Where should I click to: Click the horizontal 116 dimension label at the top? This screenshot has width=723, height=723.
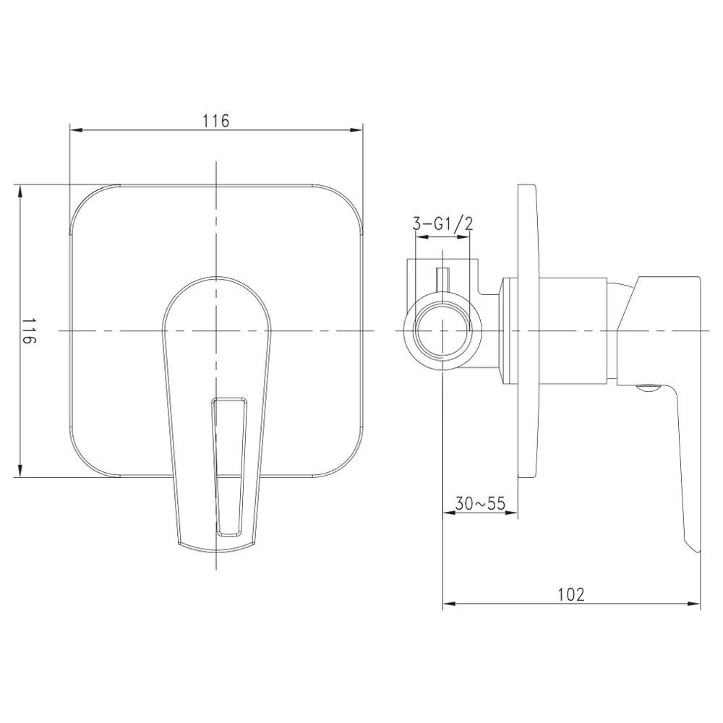215,121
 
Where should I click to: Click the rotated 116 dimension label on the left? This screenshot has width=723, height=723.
29,330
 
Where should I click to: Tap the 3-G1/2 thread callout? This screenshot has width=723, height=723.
442,223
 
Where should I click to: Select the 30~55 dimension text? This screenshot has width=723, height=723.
480,503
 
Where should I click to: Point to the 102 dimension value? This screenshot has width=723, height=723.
571,594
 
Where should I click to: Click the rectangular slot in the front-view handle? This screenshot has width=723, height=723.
229,466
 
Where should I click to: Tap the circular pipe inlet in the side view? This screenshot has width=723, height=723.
442,330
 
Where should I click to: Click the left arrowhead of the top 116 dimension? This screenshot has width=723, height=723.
76,130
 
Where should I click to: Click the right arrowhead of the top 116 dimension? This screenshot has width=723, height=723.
356,130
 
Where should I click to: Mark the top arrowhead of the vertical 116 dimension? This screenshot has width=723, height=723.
20,191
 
